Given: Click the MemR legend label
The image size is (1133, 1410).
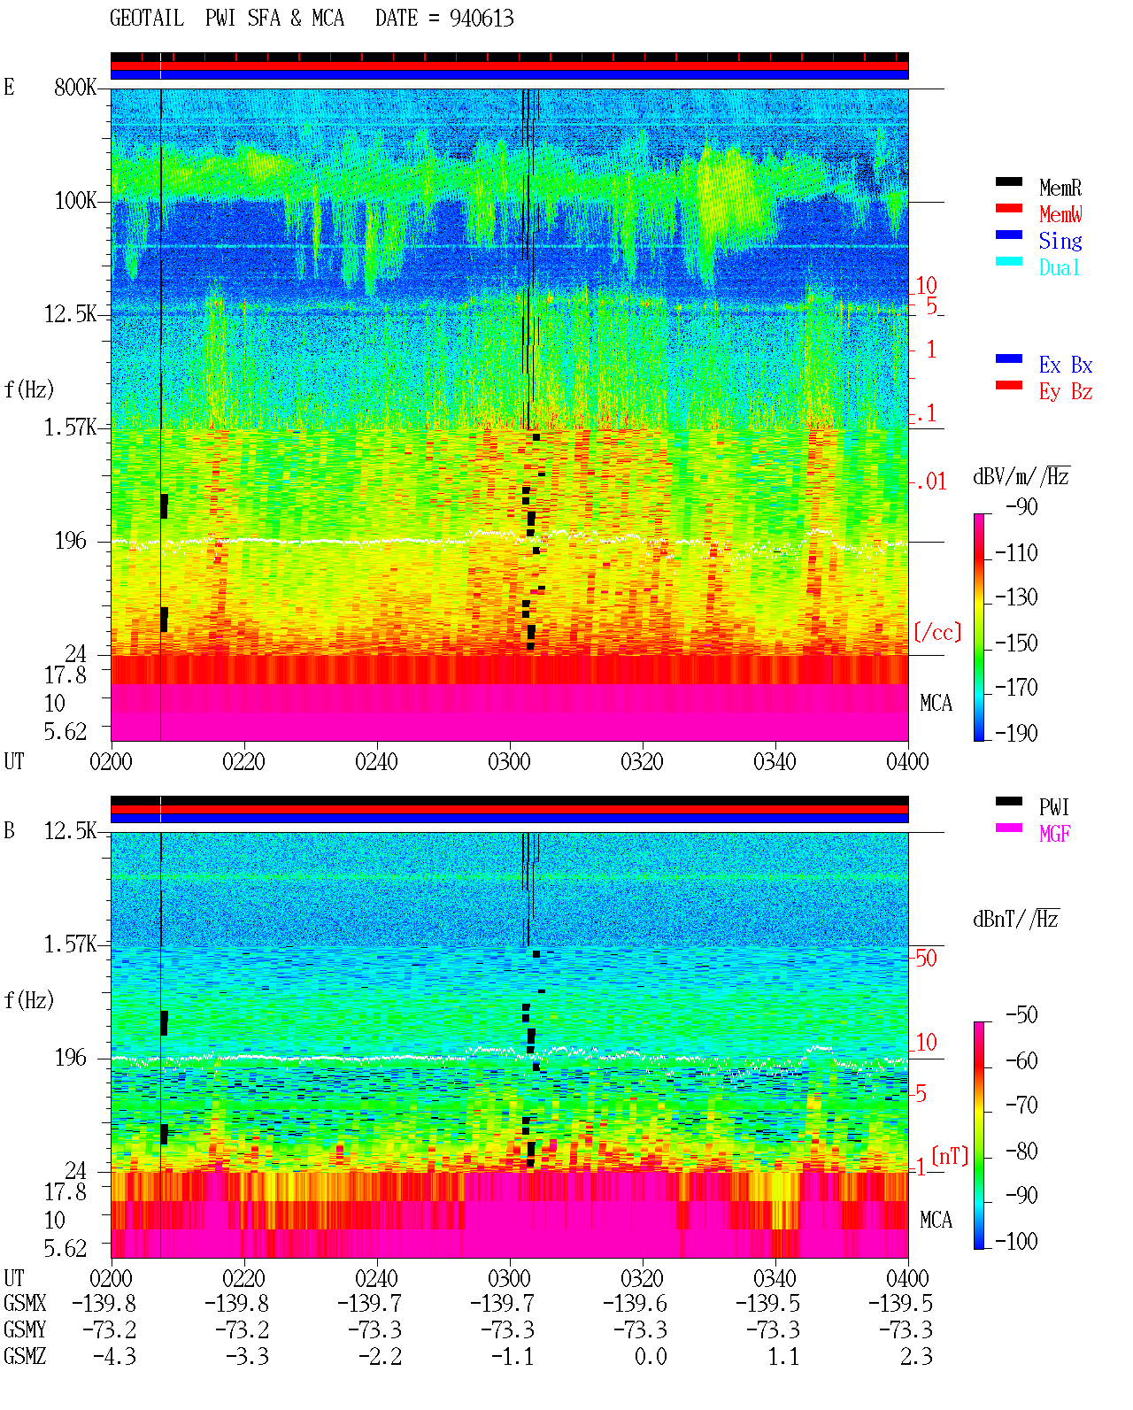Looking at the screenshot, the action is [1060, 188].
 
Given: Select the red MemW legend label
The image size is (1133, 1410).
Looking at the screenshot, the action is [1060, 214].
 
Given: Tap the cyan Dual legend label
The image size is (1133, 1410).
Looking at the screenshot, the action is [1059, 267].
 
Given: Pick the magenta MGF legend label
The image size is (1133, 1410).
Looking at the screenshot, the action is [1054, 834].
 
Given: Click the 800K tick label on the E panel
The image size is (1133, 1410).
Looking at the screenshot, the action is [75, 87].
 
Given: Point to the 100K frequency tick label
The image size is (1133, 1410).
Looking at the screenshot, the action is [75, 201].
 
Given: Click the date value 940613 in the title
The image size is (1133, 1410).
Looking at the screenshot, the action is [482, 19].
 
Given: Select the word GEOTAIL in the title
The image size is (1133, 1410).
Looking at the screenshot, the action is [147, 19].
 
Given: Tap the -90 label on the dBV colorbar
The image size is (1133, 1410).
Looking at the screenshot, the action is [1021, 506].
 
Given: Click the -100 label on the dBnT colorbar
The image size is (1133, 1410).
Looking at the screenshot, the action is [1016, 1241].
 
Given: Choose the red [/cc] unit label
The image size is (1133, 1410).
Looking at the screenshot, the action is [937, 632].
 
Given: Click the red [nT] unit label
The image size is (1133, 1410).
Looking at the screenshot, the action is [950, 1156].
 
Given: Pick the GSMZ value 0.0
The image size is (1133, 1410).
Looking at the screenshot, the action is [651, 1356].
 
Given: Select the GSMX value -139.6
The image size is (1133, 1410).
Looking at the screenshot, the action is [635, 1303].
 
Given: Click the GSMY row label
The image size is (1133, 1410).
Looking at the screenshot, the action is [25, 1329].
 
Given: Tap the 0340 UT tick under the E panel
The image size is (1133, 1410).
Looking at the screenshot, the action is [775, 761].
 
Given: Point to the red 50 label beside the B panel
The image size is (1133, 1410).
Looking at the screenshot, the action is [926, 959].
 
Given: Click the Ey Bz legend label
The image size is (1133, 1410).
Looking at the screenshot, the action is [1066, 392].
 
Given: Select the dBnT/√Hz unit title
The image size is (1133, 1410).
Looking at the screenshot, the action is [1016, 920].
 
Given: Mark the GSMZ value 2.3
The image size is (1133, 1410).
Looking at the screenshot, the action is [916, 1356].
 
